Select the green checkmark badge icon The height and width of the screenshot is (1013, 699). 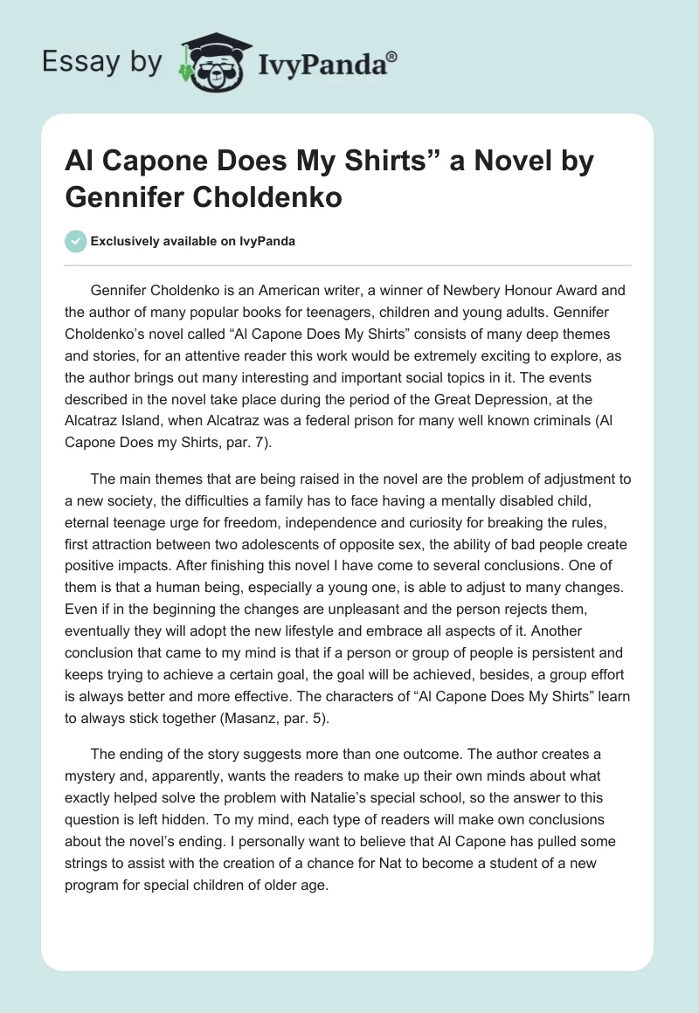tap(76, 241)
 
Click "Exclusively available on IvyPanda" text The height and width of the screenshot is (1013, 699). tap(194, 242)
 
